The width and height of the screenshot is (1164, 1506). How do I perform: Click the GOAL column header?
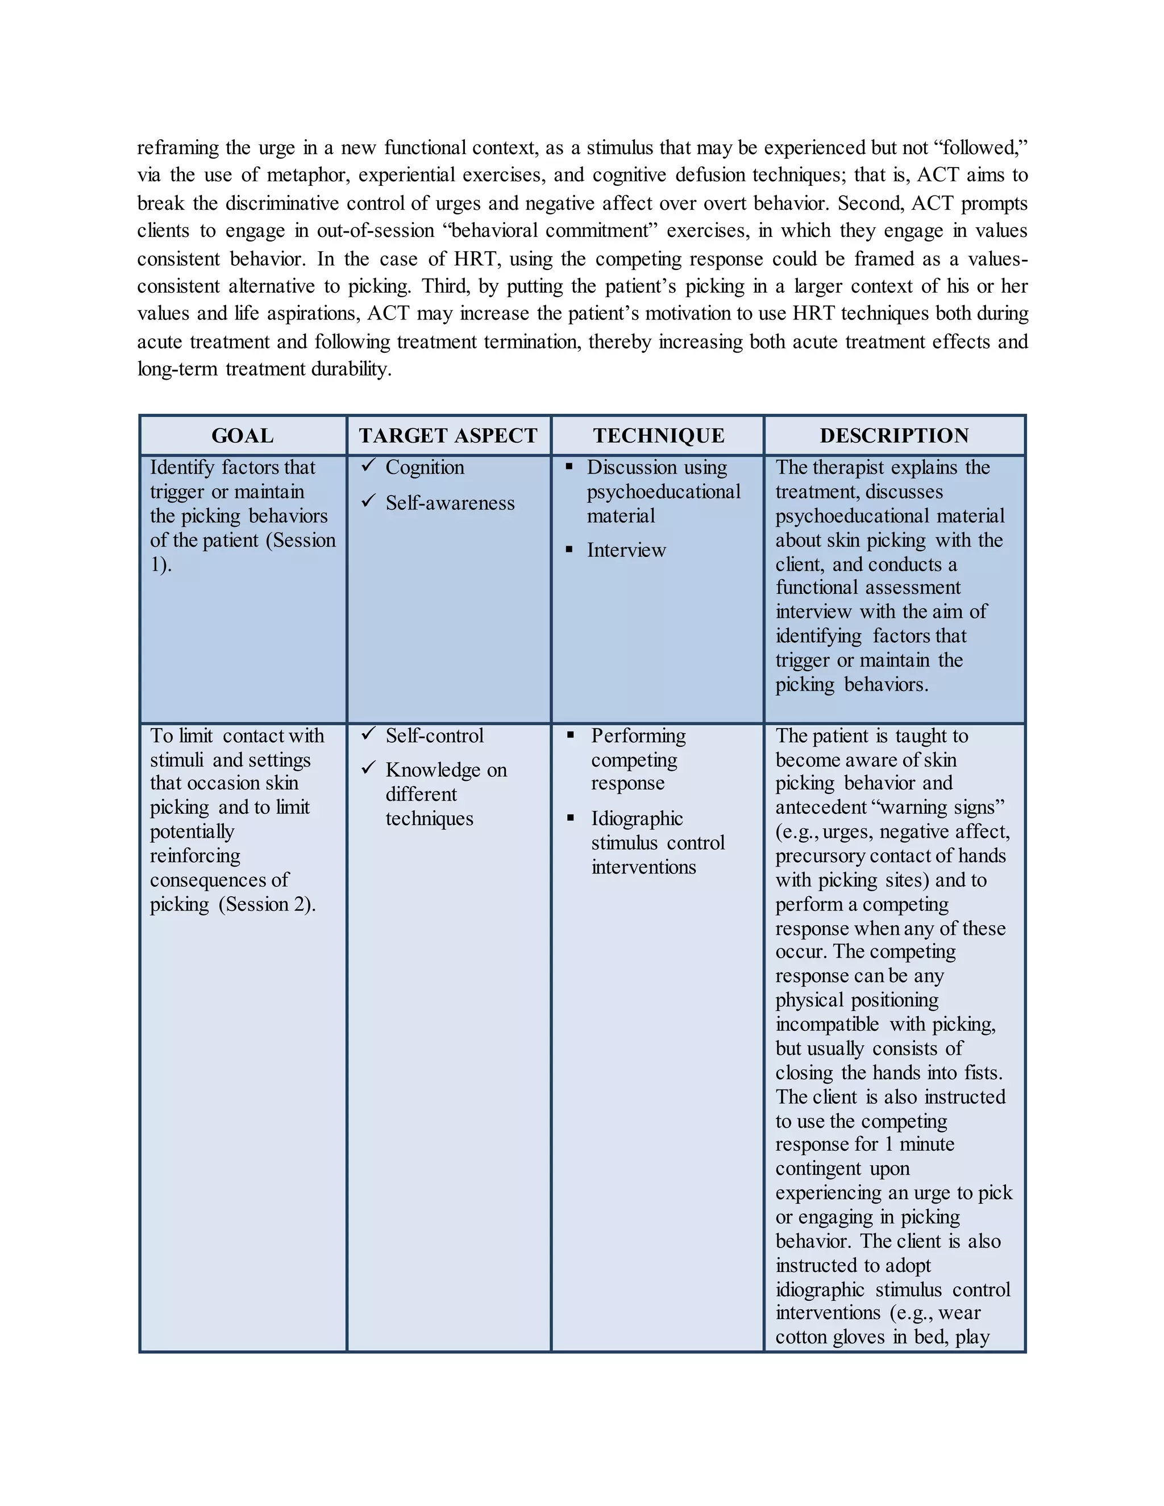pos(242,436)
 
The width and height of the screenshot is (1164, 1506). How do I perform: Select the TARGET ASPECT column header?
pos(448,436)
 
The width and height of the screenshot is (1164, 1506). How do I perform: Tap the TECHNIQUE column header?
pos(659,436)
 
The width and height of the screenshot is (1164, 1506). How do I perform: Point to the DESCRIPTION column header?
pos(895,436)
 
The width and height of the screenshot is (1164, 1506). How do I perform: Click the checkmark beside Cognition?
pos(368,466)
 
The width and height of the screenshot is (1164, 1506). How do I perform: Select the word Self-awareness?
pos(450,503)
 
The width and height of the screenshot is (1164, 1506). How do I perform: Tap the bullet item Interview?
pos(626,550)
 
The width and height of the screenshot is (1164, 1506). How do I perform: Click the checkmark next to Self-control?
pos(368,734)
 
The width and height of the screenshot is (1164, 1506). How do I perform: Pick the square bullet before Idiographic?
pos(570,818)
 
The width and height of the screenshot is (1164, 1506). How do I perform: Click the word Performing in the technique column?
pos(638,736)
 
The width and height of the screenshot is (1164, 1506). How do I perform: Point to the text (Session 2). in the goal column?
pos(268,904)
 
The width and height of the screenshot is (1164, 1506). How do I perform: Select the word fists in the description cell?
pos(983,1073)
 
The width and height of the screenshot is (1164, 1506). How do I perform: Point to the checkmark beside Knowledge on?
pos(368,767)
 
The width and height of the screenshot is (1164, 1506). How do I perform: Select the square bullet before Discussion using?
pos(569,467)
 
